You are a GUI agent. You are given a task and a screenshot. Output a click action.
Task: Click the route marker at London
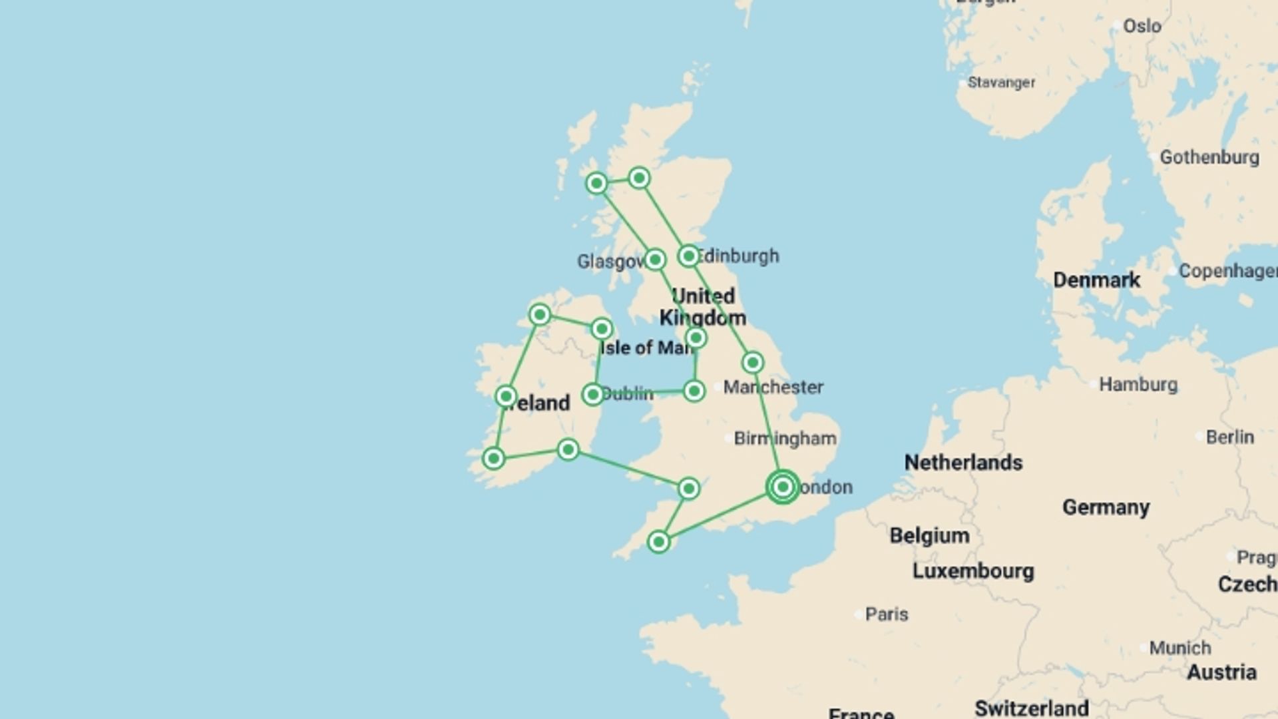(783, 487)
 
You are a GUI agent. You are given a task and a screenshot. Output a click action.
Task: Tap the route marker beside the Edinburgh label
(688, 256)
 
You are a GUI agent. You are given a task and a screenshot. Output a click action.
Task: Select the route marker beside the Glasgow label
(655, 259)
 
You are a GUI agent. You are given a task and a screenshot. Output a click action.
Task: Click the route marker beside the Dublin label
(592, 394)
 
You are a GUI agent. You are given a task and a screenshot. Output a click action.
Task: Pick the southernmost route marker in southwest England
(658, 542)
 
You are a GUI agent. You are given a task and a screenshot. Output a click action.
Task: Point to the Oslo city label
(1142, 26)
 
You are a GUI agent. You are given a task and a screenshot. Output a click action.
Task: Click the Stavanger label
(1001, 83)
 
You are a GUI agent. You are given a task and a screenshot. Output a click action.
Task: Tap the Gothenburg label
(1209, 157)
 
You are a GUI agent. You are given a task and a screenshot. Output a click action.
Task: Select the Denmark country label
(1096, 280)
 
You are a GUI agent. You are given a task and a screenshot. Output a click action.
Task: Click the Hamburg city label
(1138, 384)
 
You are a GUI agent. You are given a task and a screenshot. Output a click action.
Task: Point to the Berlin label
(1229, 437)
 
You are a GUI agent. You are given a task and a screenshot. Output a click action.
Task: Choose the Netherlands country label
(963, 462)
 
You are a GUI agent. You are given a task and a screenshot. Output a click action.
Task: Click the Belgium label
(929, 535)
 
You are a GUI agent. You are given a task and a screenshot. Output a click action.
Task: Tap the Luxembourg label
(973, 571)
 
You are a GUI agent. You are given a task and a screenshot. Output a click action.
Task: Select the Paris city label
(887, 614)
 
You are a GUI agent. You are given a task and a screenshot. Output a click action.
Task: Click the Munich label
(1179, 647)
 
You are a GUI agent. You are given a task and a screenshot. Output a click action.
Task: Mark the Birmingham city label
(785, 438)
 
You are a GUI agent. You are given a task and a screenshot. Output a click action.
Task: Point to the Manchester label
(773, 387)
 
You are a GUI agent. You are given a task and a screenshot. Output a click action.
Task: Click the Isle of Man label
(646, 348)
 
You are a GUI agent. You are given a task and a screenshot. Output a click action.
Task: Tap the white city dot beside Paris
(858, 614)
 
